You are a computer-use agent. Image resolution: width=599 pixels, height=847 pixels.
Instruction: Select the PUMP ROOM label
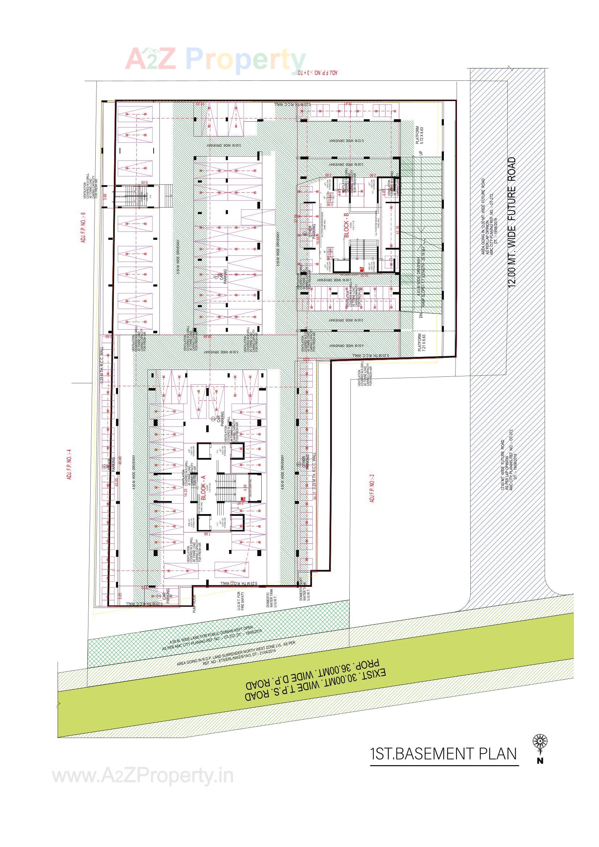[194, 604]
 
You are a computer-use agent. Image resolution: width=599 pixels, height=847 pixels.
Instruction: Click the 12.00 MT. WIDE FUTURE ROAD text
[512, 222]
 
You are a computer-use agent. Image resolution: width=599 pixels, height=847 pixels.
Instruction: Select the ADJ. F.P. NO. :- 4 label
[69, 464]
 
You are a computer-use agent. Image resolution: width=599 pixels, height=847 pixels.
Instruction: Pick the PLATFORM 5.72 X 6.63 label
[420, 135]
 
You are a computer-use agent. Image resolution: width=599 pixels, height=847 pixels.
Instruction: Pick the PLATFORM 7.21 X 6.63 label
[422, 343]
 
